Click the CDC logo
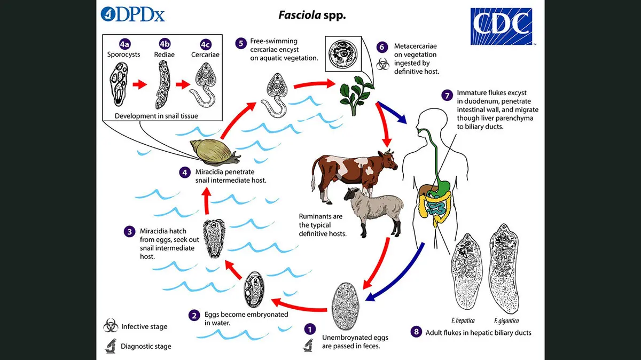pyautogui.click(x=501, y=26)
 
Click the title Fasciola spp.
pyautogui.click(x=312, y=14)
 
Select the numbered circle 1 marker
pyautogui.click(x=310, y=330)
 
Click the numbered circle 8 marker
pyautogui.click(x=417, y=332)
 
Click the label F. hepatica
pyautogui.click(x=463, y=320)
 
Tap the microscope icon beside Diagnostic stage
pyautogui.click(x=111, y=346)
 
